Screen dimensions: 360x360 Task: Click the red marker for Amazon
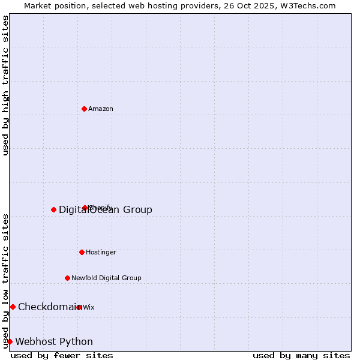[84, 109]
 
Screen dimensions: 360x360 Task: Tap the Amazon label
[101, 109]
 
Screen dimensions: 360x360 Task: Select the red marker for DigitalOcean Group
[53, 209]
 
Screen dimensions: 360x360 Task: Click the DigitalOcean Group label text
[106, 209]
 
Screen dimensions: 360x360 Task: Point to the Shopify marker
[85, 208]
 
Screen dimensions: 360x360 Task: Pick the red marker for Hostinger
[82, 252]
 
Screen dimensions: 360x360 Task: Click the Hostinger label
[101, 253]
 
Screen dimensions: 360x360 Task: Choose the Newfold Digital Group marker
[67, 278]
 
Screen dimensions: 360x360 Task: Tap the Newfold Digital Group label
[106, 278]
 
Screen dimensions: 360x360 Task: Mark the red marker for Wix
[79, 307]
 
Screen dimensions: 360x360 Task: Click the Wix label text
[89, 308]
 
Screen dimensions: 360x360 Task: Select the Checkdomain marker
[13, 307]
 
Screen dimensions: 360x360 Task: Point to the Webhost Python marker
[10, 341]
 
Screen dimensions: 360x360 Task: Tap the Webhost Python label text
[54, 342]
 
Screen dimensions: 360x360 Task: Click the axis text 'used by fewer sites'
[62, 356]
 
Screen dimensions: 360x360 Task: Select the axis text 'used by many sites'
[301, 356]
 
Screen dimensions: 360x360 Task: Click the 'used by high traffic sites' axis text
[6, 85]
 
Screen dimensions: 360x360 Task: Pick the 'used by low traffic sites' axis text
[6, 281]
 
